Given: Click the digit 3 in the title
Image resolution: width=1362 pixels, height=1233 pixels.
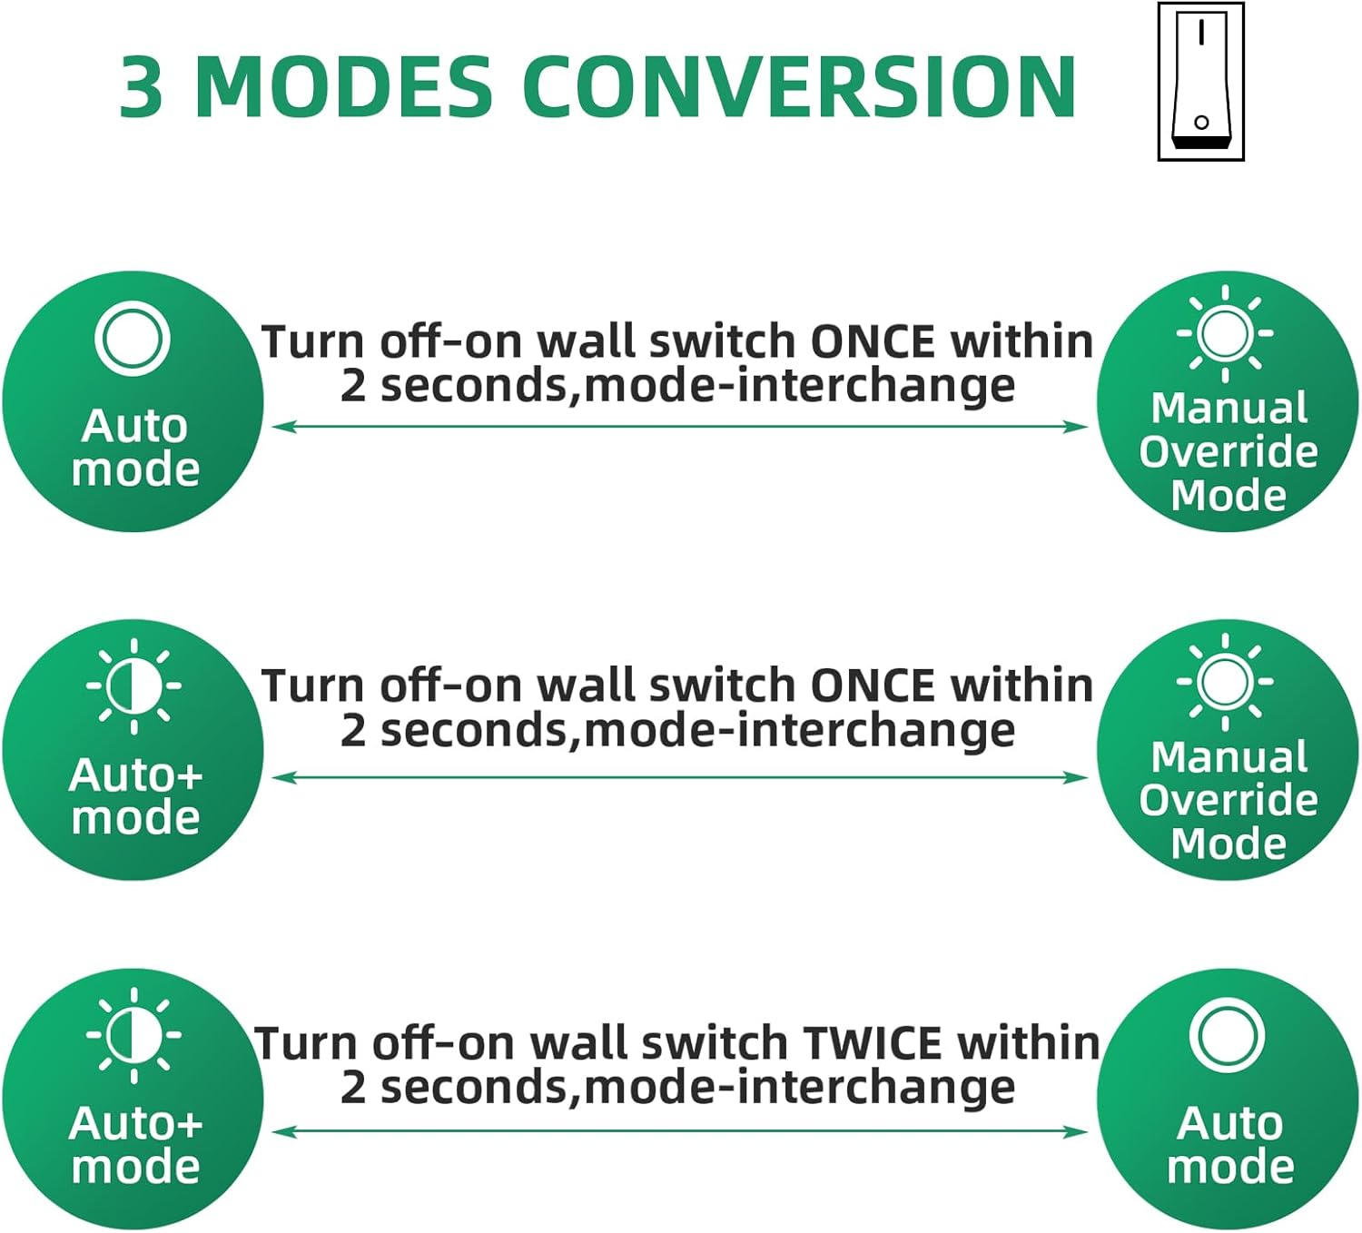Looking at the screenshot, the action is click(142, 86).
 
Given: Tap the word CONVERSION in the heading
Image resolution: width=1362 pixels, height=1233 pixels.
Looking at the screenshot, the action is click(799, 86).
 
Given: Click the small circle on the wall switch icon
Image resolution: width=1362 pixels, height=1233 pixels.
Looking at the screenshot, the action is click(1201, 123).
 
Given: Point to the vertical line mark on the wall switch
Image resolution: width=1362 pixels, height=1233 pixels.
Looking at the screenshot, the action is click(1202, 33).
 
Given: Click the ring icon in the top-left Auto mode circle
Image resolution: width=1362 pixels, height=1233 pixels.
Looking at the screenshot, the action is click(133, 338).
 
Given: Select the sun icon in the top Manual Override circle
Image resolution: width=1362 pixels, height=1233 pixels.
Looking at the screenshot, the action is click(1225, 333).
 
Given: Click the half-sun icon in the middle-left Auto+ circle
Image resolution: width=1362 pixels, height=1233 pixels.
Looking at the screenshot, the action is click(133, 686).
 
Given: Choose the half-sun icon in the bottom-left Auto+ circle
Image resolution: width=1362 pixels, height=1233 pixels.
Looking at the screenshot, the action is click(133, 1035).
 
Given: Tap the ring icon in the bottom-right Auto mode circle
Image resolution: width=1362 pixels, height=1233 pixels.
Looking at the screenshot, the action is click(1227, 1036).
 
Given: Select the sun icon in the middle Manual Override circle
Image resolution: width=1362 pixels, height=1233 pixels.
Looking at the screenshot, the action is click(1225, 682).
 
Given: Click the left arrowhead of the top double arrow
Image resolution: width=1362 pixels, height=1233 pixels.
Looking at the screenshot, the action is click(284, 427).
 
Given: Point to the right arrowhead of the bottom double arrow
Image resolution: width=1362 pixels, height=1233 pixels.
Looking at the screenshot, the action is click(1075, 1131).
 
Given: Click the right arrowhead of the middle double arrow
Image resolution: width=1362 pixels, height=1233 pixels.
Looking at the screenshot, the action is click(1075, 777).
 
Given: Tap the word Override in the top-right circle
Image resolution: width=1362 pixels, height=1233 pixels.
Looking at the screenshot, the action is click(1229, 451).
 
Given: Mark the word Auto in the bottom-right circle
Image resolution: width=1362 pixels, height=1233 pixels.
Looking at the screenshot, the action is click(1229, 1123).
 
